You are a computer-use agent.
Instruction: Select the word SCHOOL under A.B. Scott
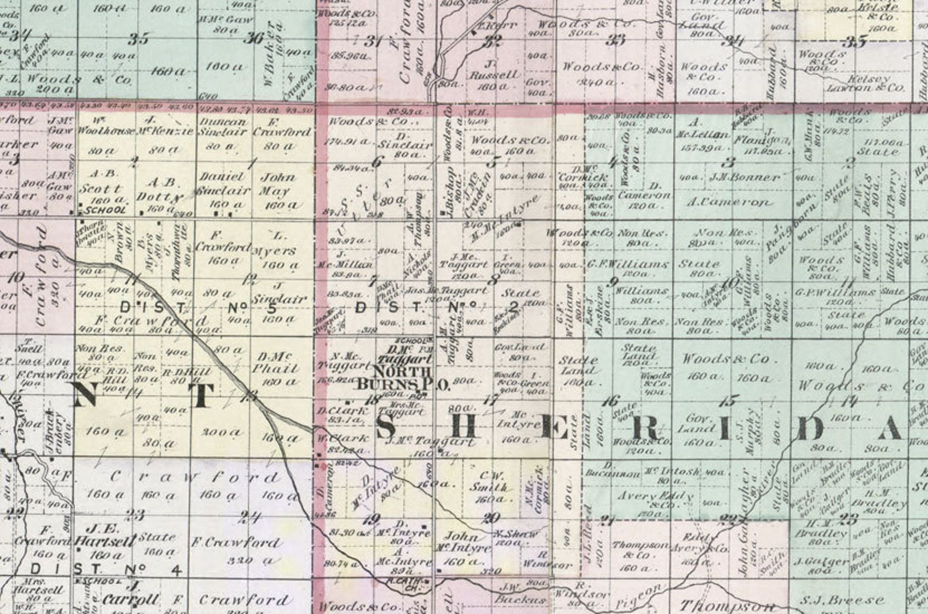click(x=105, y=210)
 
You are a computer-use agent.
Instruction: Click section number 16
click(x=611, y=401)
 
